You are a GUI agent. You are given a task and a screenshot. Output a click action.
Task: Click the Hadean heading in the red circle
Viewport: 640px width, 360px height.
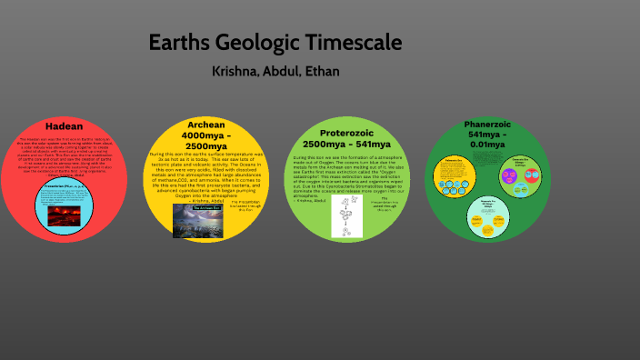[x=64, y=126]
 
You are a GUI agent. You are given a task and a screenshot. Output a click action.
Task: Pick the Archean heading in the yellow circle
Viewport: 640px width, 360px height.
[x=206, y=125]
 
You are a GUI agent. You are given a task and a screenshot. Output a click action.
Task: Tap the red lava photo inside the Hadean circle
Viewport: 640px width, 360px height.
[x=65, y=213]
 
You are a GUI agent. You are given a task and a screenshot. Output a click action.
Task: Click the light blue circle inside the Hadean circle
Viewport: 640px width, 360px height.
[x=65, y=207]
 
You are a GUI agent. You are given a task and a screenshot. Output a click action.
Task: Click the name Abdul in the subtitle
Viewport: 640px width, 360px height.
[x=285, y=70]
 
